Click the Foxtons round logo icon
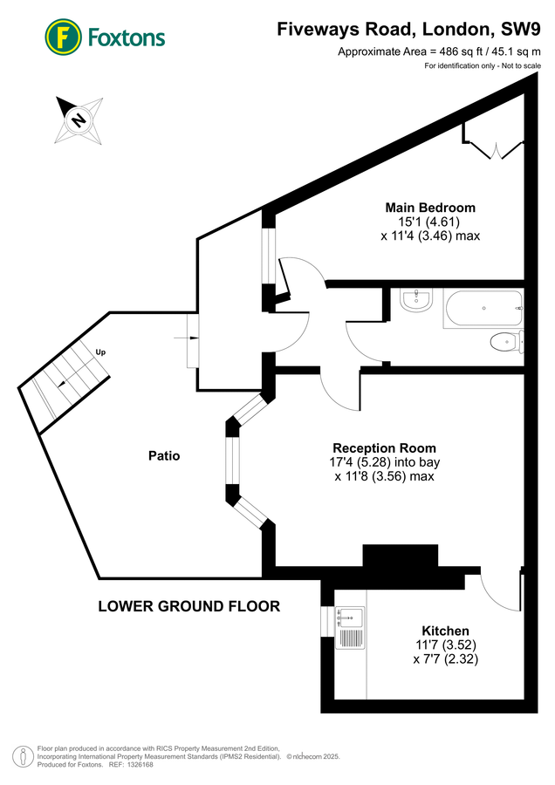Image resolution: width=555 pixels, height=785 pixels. [62, 37]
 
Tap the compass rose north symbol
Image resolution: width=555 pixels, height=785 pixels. [79, 119]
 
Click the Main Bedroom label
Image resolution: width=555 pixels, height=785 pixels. [430, 208]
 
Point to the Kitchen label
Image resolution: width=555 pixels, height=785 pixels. [445, 631]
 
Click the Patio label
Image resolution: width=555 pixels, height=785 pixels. [163, 455]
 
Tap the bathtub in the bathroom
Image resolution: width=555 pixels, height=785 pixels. [483, 309]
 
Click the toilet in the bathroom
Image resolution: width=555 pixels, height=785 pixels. [505, 341]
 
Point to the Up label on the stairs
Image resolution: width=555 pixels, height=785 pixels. [100, 352]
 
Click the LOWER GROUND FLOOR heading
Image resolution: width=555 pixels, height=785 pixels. [188, 606]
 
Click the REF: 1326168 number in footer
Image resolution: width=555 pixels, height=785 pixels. [131, 764]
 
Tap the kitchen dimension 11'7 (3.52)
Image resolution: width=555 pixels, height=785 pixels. [446, 645]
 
